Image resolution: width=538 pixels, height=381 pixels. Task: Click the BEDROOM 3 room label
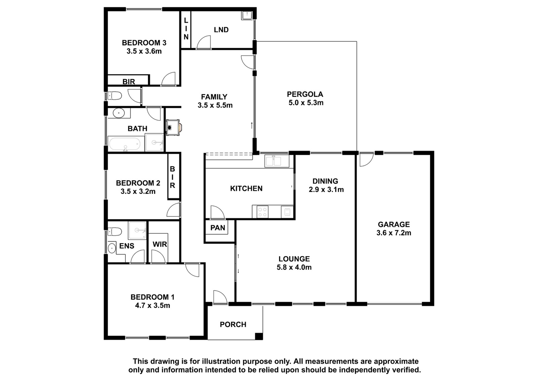[144, 43]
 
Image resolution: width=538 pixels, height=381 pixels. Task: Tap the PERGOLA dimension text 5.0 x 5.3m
[306, 103]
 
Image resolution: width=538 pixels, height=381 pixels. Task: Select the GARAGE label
[394, 224]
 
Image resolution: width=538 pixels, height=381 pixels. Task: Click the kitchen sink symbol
[277, 161]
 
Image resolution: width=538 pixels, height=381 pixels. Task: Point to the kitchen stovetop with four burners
[263, 212]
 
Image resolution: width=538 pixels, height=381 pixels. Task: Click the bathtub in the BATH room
[125, 144]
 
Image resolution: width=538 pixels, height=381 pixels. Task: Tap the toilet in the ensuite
[115, 232]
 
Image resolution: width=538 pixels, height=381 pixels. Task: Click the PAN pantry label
[218, 228]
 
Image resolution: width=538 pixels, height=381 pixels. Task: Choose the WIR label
[160, 244]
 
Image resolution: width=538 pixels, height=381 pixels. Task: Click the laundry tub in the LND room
[246, 15]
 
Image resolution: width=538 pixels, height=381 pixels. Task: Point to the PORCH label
[233, 324]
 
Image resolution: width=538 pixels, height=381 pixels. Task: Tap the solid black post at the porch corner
[259, 336]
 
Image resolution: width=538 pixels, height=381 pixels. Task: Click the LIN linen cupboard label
[186, 29]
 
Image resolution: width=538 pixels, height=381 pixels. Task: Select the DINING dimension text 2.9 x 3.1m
[326, 190]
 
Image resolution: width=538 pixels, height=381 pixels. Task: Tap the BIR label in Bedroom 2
[172, 177]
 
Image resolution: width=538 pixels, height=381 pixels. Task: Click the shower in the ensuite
[138, 230]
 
